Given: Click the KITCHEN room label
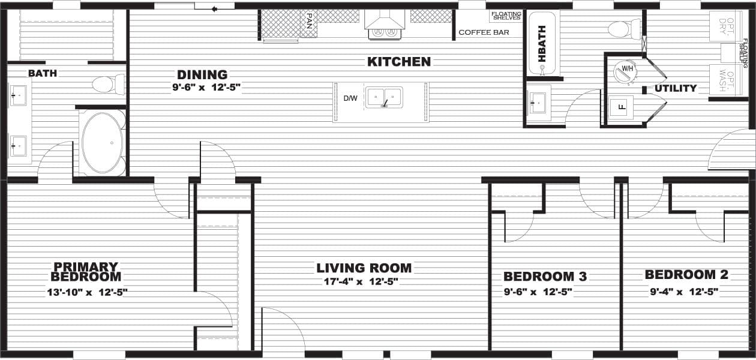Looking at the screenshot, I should click(x=399, y=62).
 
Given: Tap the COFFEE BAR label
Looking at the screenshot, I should click(x=484, y=32).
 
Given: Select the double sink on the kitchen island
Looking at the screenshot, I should click(x=385, y=97).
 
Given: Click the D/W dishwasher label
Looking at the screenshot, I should click(x=350, y=98).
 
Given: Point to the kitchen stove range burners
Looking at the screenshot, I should click(x=384, y=33).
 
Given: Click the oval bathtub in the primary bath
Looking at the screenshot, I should click(x=102, y=143).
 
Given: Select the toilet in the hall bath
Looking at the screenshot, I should click(x=624, y=28).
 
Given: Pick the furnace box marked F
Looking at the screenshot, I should click(x=620, y=108).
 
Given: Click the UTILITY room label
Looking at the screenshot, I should click(x=676, y=88).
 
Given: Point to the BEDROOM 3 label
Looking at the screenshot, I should click(x=545, y=277).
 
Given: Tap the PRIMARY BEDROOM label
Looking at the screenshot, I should click(x=86, y=271).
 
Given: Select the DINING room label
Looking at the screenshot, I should click(x=202, y=75).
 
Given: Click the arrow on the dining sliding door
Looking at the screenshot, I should click(x=214, y=7).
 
